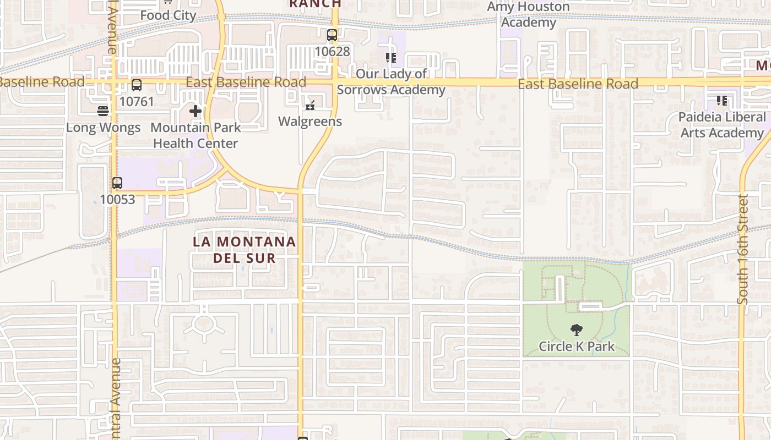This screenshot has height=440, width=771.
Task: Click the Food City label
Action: click(168, 15)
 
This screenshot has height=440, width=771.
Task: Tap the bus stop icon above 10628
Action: click(332, 36)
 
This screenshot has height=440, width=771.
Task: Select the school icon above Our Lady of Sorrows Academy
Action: click(391, 58)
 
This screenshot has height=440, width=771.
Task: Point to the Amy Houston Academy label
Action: click(528, 15)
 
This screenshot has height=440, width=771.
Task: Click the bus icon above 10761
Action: click(137, 85)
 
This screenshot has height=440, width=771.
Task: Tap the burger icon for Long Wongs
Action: click(103, 111)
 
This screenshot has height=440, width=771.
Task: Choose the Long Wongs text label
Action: click(103, 128)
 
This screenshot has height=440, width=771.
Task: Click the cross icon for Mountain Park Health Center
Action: click(196, 111)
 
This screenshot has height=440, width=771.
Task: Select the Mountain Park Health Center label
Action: click(196, 135)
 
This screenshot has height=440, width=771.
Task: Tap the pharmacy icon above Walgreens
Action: click(310, 105)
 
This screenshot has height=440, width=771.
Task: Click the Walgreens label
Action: click(310, 122)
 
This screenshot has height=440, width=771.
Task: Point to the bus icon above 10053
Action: click(117, 183)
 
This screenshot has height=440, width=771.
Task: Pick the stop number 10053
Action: click(117, 199)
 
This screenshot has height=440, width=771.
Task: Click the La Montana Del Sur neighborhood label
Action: click(245, 250)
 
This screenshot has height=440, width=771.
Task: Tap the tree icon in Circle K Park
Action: click(577, 330)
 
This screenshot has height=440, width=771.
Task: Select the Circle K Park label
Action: click(577, 346)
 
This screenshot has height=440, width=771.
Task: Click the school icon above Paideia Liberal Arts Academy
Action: click(722, 101)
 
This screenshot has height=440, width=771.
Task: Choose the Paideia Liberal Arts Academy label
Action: click(722, 125)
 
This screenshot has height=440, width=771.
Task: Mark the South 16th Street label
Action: click(743, 249)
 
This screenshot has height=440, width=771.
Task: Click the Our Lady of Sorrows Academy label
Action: click(391, 81)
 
